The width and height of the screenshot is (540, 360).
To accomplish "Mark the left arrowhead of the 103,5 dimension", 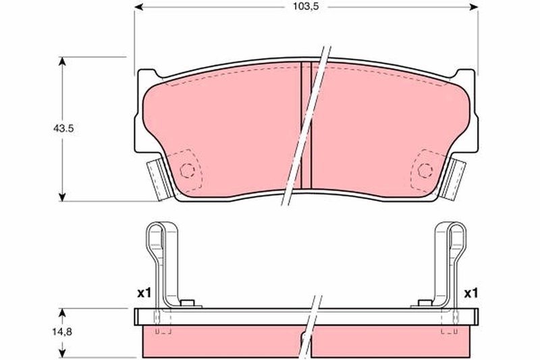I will point(138,8).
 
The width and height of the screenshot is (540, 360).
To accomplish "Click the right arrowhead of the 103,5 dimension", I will point(474,8).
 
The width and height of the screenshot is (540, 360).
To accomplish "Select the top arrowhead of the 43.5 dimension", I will point(63,61).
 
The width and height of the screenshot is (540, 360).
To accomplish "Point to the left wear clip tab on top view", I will point(157,178).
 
